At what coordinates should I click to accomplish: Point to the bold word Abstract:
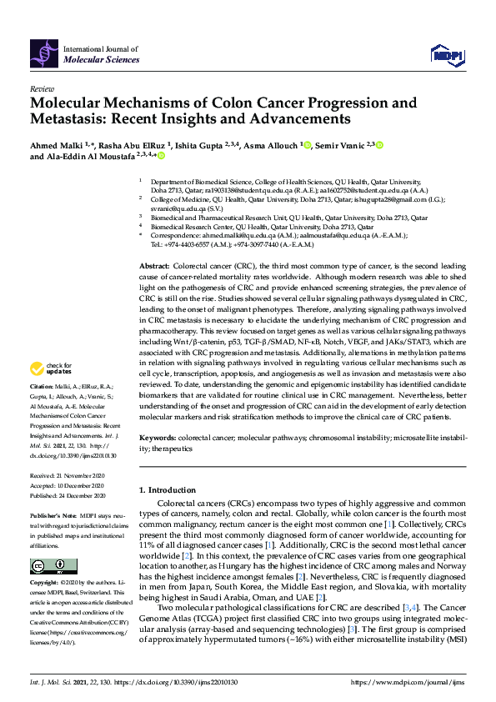pyautogui.click(x=157, y=240)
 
